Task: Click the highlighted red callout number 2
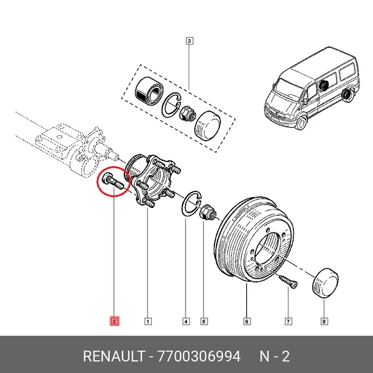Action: coord(115,320)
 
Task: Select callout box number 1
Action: coord(148,320)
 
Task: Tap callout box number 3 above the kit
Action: coord(190,42)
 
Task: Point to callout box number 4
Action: coord(186,320)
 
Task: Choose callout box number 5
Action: coord(205,320)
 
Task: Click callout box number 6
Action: coord(246,320)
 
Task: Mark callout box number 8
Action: coord(324,320)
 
